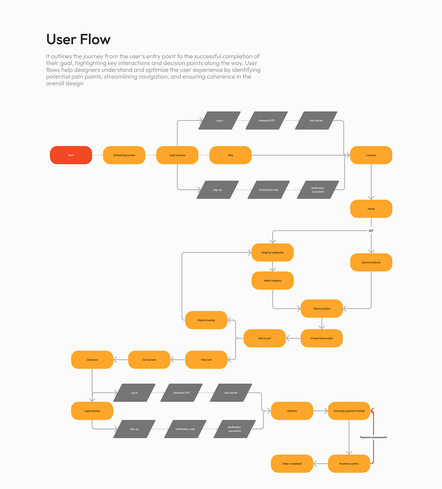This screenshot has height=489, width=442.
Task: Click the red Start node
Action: pyautogui.click(x=71, y=155)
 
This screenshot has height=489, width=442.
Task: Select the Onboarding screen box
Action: pyautogui.click(x=124, y=155)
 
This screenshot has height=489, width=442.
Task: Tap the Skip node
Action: pyautogui.click(x=230, y=155)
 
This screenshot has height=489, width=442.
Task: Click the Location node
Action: pyautogui.click(x=371, y=155)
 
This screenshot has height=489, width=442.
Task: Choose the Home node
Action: pyautogui.click(x=371, y=209)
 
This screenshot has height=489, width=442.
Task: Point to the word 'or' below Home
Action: pyautogui.click(x=371, y=230)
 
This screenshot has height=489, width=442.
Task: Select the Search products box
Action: pyautogui.click(x=371, y=262)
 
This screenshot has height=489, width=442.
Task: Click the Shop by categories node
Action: pyautogui.click(x=272, y=253)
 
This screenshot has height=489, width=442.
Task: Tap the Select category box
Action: pyautogui.click(x=272, y=281)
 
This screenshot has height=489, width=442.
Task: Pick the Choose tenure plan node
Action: pyautogui.click(x=321, y=338)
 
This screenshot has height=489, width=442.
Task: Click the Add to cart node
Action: pyautogui.click(x=265, y=338)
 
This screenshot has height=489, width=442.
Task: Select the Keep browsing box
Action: pyautogui.click(x=206, y=320)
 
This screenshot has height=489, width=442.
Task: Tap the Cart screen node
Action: pyautogui.click(x=149, y=360)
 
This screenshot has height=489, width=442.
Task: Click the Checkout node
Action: pyautogui.click(x=92, y=360)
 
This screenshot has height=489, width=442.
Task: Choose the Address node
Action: pyautogui.click(x=292, y=411)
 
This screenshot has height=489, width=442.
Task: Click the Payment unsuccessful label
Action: pyautogui.click(x=373, y=437)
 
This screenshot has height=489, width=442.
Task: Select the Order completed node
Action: pyautogui.click(x=292, y=463)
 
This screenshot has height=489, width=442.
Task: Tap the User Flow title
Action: pyautogui.click(x=78, y=39)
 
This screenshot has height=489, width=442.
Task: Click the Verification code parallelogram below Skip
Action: pyautogui.click(x=268, y=190)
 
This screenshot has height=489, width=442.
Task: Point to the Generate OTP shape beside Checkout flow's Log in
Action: pyautogui.click(x=181, y=393)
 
